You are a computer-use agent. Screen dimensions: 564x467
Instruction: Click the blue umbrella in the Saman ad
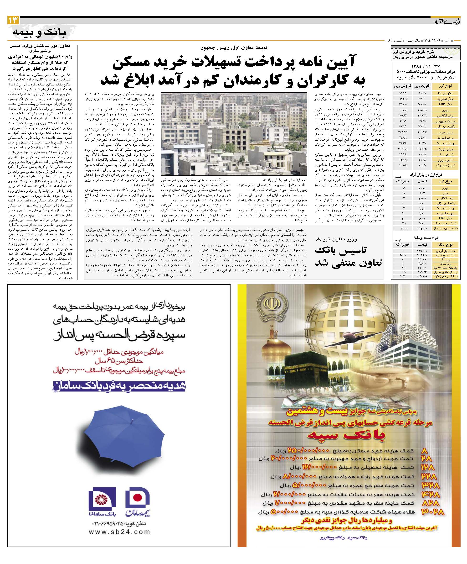[x=116, y=435]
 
